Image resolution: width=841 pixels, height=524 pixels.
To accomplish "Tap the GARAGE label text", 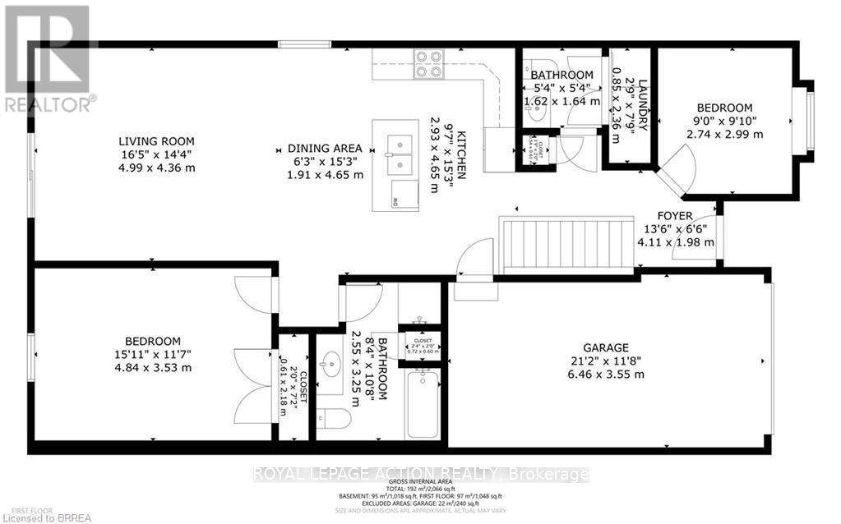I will [607, 347].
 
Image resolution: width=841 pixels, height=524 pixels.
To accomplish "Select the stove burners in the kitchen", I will [427, 63].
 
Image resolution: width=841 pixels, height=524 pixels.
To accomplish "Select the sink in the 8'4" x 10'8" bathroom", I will [334, 362].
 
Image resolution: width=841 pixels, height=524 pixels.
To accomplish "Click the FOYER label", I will [675, 216].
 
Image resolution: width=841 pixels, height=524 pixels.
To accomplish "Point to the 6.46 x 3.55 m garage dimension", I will [607, 374].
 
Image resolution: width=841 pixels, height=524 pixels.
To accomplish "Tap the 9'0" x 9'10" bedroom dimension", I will [724, 122].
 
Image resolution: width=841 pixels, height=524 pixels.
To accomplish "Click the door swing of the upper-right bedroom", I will [678, 170].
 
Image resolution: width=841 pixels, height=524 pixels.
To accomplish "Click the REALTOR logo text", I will [49, 104].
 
